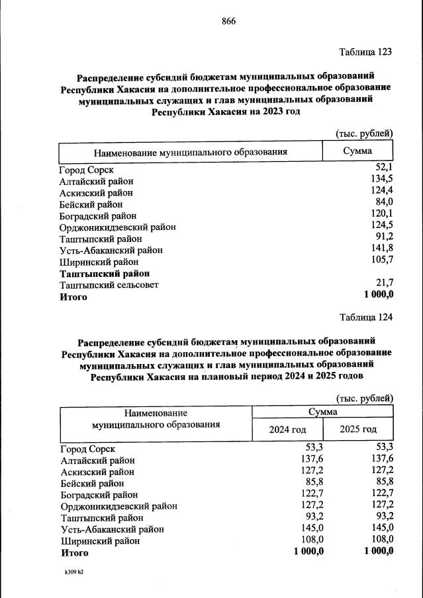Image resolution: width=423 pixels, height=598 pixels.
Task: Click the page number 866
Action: coord(229,20)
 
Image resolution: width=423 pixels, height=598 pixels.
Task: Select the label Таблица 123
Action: coord(366,52)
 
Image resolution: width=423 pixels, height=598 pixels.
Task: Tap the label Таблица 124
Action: coord(366,317)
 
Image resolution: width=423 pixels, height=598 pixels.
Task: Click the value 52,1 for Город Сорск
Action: coord(385,168)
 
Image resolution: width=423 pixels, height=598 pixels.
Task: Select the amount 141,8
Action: coord(383,249)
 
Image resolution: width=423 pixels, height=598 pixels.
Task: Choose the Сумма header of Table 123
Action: coord(357,151)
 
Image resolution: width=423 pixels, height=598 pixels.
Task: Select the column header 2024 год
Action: coord(287,430)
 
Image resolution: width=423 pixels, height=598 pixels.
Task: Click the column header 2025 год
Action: coord(358,430)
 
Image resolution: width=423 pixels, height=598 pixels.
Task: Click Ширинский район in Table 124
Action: coord(100,541)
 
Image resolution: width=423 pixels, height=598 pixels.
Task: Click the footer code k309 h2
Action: coord(74,572)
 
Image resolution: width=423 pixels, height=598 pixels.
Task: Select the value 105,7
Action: coord(383,260)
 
